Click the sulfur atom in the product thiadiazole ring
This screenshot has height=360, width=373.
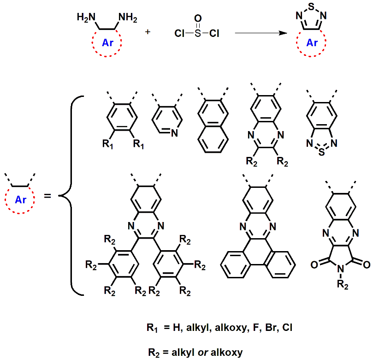pos(313,7)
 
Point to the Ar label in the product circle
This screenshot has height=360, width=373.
pos(312,43)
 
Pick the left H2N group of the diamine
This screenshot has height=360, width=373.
pos(86,18)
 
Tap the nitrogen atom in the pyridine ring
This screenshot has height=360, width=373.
pos(174,134)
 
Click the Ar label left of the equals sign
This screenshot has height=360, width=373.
pos(21,200)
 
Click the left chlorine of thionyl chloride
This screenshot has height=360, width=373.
pos(179,34)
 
